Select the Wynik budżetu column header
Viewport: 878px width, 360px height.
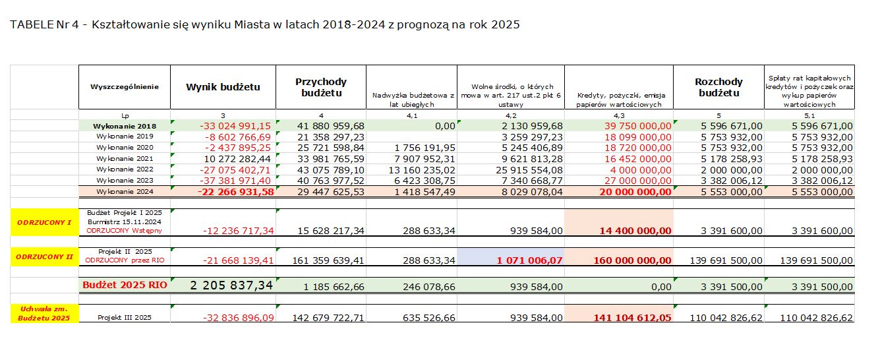223,86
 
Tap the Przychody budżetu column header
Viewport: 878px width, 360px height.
321,87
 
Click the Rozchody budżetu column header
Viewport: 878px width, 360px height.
718,87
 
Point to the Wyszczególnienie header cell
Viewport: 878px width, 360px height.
124,86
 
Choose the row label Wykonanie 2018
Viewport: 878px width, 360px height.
124,125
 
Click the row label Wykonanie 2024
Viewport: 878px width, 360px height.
124,191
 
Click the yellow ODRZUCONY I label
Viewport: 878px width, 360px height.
44,222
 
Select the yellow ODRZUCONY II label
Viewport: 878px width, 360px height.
44,256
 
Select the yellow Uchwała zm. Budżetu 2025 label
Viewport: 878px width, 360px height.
44,313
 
